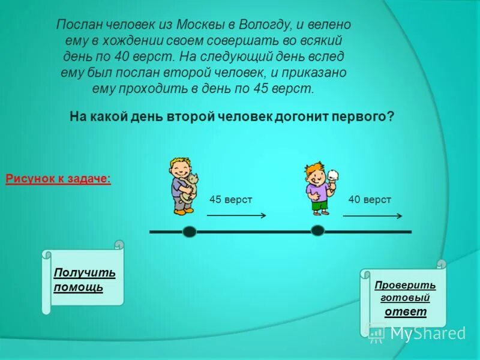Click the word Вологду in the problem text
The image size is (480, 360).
264,26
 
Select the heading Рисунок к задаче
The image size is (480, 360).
58,179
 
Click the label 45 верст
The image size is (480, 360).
230,199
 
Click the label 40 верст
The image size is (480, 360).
370,199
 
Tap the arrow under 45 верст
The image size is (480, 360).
237,215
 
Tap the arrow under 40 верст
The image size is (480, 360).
373,215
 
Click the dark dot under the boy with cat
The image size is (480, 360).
190,232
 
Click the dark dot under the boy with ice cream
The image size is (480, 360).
318,230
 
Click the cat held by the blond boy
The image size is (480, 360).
190,187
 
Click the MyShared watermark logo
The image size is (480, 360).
416,332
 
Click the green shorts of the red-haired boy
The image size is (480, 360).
320,204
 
